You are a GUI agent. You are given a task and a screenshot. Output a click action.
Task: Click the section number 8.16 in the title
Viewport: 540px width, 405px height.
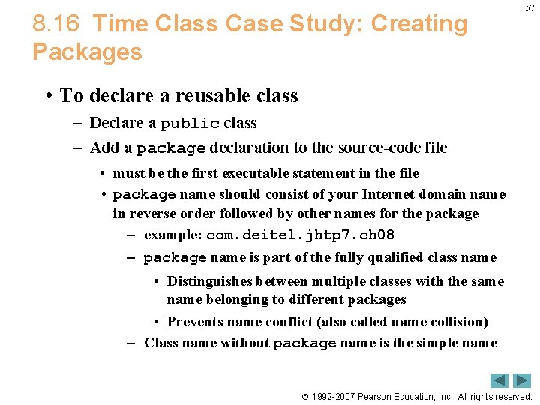click(x=55, y=24)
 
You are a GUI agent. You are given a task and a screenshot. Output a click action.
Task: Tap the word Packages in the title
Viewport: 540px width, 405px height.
click(x=87, y=52)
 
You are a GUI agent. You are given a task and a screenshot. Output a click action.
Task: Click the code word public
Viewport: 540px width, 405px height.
click(x=190, y=124)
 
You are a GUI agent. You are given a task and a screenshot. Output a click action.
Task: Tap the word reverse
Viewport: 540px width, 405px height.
click(x=150, y=214)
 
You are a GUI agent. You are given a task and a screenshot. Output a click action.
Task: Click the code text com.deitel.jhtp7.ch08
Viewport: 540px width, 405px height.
click(x=300, y=235)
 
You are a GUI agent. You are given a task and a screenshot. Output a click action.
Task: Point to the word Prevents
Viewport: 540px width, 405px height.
click(x=197, y=322)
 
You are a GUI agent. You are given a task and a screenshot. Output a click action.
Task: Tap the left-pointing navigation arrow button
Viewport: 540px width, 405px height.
click(x=499, y=380)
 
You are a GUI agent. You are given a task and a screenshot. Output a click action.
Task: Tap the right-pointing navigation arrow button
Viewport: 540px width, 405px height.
click(x=522, y=380)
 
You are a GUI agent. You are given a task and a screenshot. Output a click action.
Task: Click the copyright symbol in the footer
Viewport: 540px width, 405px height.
click(x=304, y=397)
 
